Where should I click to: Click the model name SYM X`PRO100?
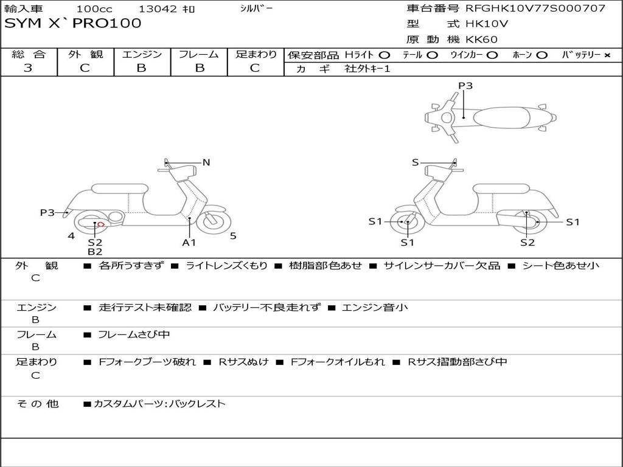(x=73, y=24)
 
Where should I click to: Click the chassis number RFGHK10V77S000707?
(x=535, y=9)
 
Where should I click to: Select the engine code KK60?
(x=482, y=40)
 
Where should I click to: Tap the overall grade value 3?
(x=28, y=67)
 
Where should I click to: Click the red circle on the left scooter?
(x=101, y=224)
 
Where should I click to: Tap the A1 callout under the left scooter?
(x=189, y=242)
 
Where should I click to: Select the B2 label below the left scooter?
(x=95, y=251)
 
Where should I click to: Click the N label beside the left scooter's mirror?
(x=206, y=162)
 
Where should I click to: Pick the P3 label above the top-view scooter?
(x=465, y=86)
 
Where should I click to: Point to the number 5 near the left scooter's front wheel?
(x=233, y=236)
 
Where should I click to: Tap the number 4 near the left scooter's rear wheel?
(x=71, y=236)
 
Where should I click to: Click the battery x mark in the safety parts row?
(x=607, y=55)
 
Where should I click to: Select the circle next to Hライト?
(x=384, y=55)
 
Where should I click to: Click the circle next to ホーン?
(x=542, y=55)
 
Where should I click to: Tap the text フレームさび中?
(x=134, y=334)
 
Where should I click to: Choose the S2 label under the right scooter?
(x=527, y=242)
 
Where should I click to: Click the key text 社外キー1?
(x=367, y=69)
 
